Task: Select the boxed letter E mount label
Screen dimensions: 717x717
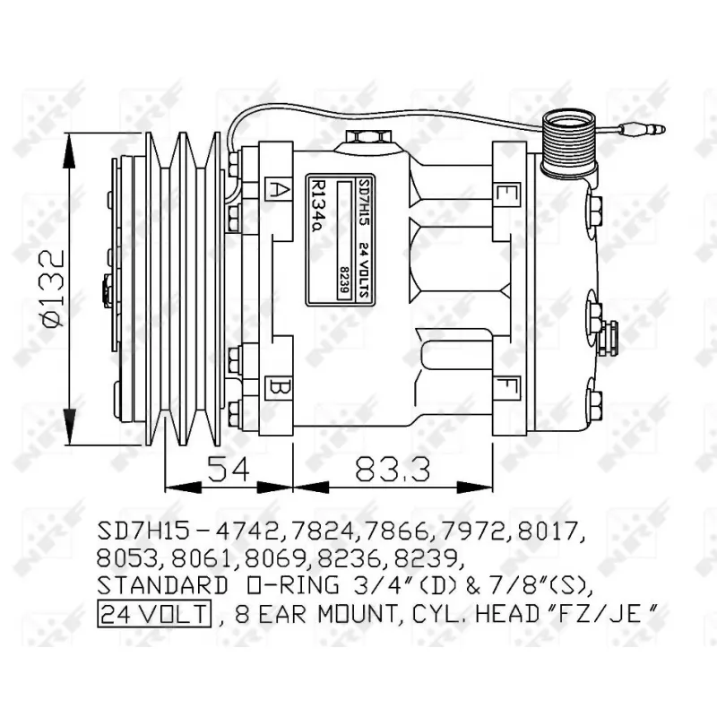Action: pos(507,192)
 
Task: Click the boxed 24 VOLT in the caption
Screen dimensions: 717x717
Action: pos(152,614)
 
